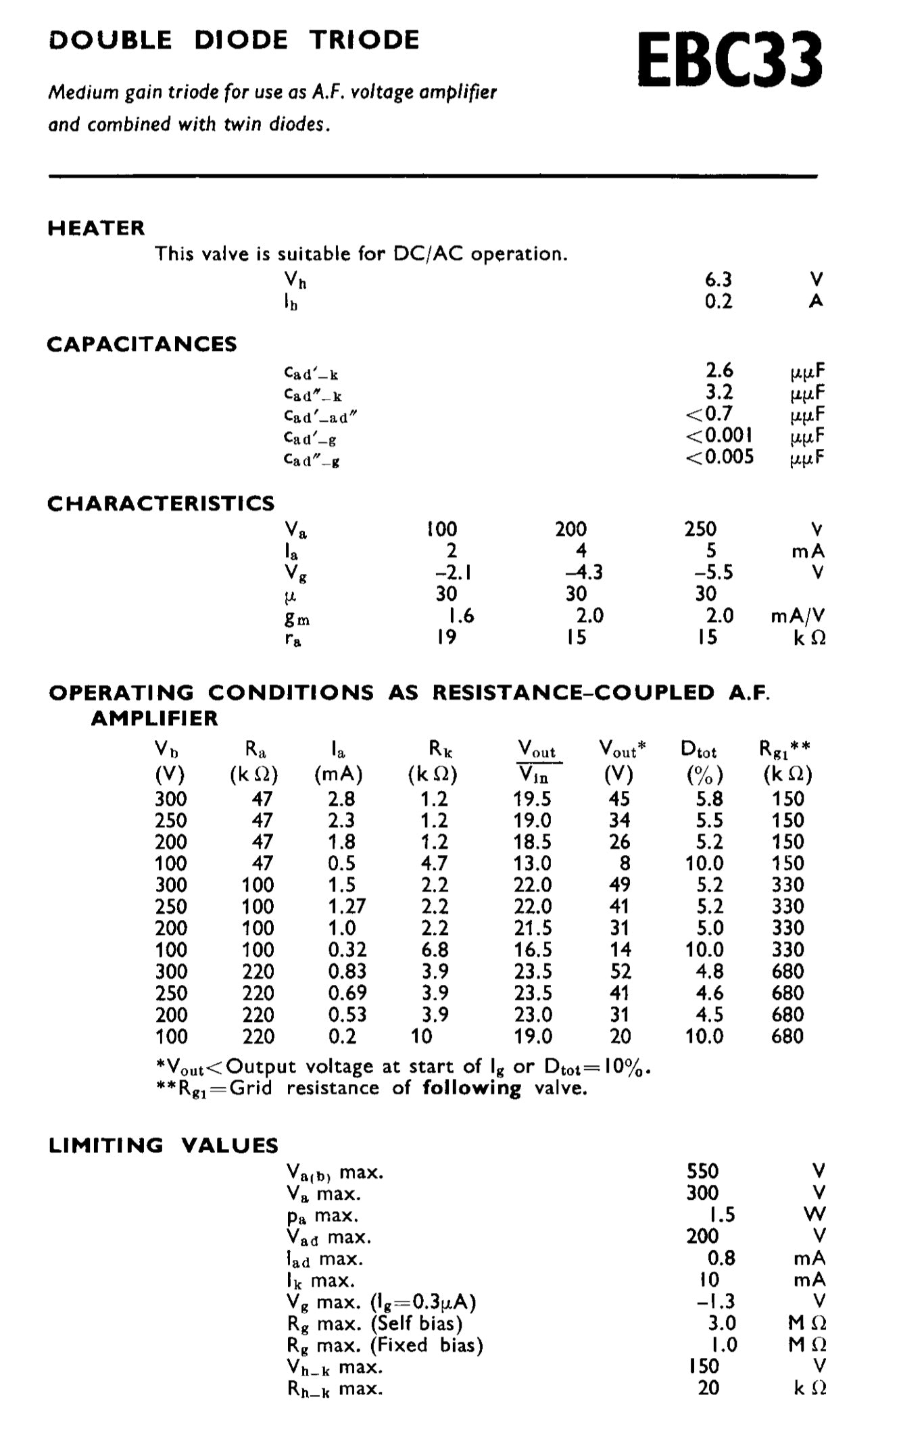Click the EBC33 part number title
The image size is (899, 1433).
click(730, 62)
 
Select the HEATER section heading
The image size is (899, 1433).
click(96, 228)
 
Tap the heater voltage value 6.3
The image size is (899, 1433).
click(718, 279)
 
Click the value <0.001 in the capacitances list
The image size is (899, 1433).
click(719, 435)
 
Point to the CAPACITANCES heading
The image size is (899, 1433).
click(142, 344)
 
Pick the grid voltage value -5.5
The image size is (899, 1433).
click(705, 573)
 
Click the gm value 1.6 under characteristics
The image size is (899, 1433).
click(461, 616)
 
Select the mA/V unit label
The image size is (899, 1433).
click(798, 616)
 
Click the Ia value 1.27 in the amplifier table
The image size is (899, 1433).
click(347, 906)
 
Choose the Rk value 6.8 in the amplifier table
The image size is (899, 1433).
click(434, 950)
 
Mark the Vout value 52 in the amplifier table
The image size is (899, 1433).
click(620, 971)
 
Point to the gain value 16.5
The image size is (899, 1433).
click(533, 950)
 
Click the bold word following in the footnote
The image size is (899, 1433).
click(472, 1088)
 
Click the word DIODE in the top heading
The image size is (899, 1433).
click(241, 40)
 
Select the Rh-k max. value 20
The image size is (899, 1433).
click(708, 1388)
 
